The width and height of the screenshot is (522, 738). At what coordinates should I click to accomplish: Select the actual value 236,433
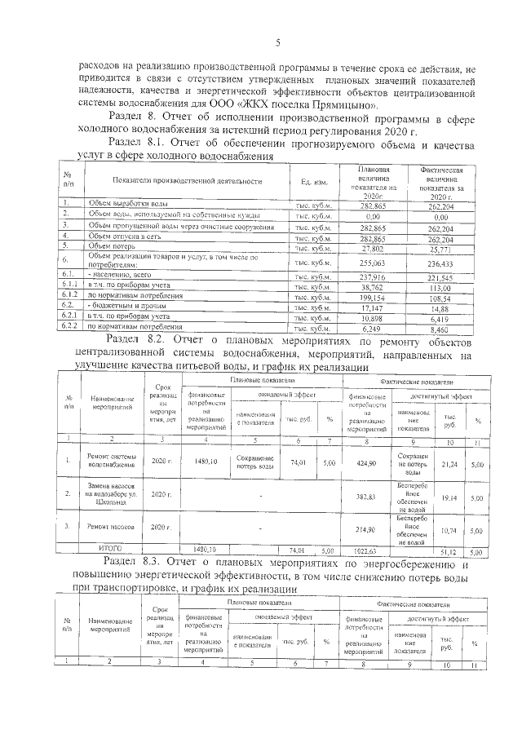tap(441, 262)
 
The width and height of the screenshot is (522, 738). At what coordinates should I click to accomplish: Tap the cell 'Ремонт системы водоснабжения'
tap(112, 462)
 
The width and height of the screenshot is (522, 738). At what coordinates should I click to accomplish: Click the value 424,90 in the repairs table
tap(361, 462)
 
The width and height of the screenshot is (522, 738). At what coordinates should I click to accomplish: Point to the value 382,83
tap(361, 496)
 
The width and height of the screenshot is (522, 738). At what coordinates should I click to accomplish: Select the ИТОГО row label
tap(111, 550)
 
